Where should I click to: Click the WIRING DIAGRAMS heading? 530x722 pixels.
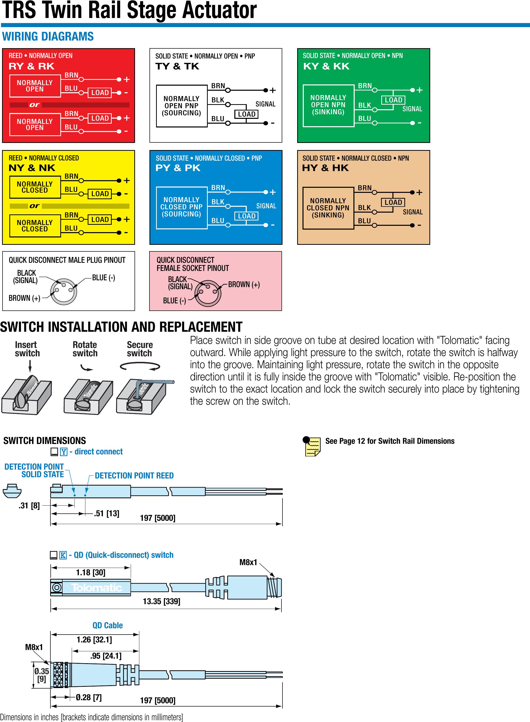pos(48,36)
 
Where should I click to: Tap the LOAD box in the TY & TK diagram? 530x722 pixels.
pos(247,114)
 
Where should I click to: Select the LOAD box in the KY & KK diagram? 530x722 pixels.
pos(393,100)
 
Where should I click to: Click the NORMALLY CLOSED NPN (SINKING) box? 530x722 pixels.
pos(328,208)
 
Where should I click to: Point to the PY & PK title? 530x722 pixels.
pos(178,168)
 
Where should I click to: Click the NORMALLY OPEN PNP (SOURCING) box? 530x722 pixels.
pos(182,106)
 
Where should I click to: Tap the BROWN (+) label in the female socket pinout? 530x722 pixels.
pos(244,285)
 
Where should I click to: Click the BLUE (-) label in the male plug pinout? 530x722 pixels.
pos(103,277)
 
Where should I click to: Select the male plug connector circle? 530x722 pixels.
pos(64,291)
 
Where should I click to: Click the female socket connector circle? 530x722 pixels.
pos(208,292)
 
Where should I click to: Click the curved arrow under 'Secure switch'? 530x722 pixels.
pos(140,366)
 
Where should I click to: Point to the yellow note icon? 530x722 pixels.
pos(312,446)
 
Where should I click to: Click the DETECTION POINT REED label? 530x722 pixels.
pos(134,476)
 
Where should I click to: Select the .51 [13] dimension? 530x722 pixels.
pos(106,513)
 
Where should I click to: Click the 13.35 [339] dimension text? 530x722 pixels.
pos(161,601)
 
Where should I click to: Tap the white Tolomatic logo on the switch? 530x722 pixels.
pos(96,587)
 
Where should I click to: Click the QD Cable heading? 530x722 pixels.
pos(107,625)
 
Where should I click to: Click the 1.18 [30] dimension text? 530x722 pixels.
pos(90,572)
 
